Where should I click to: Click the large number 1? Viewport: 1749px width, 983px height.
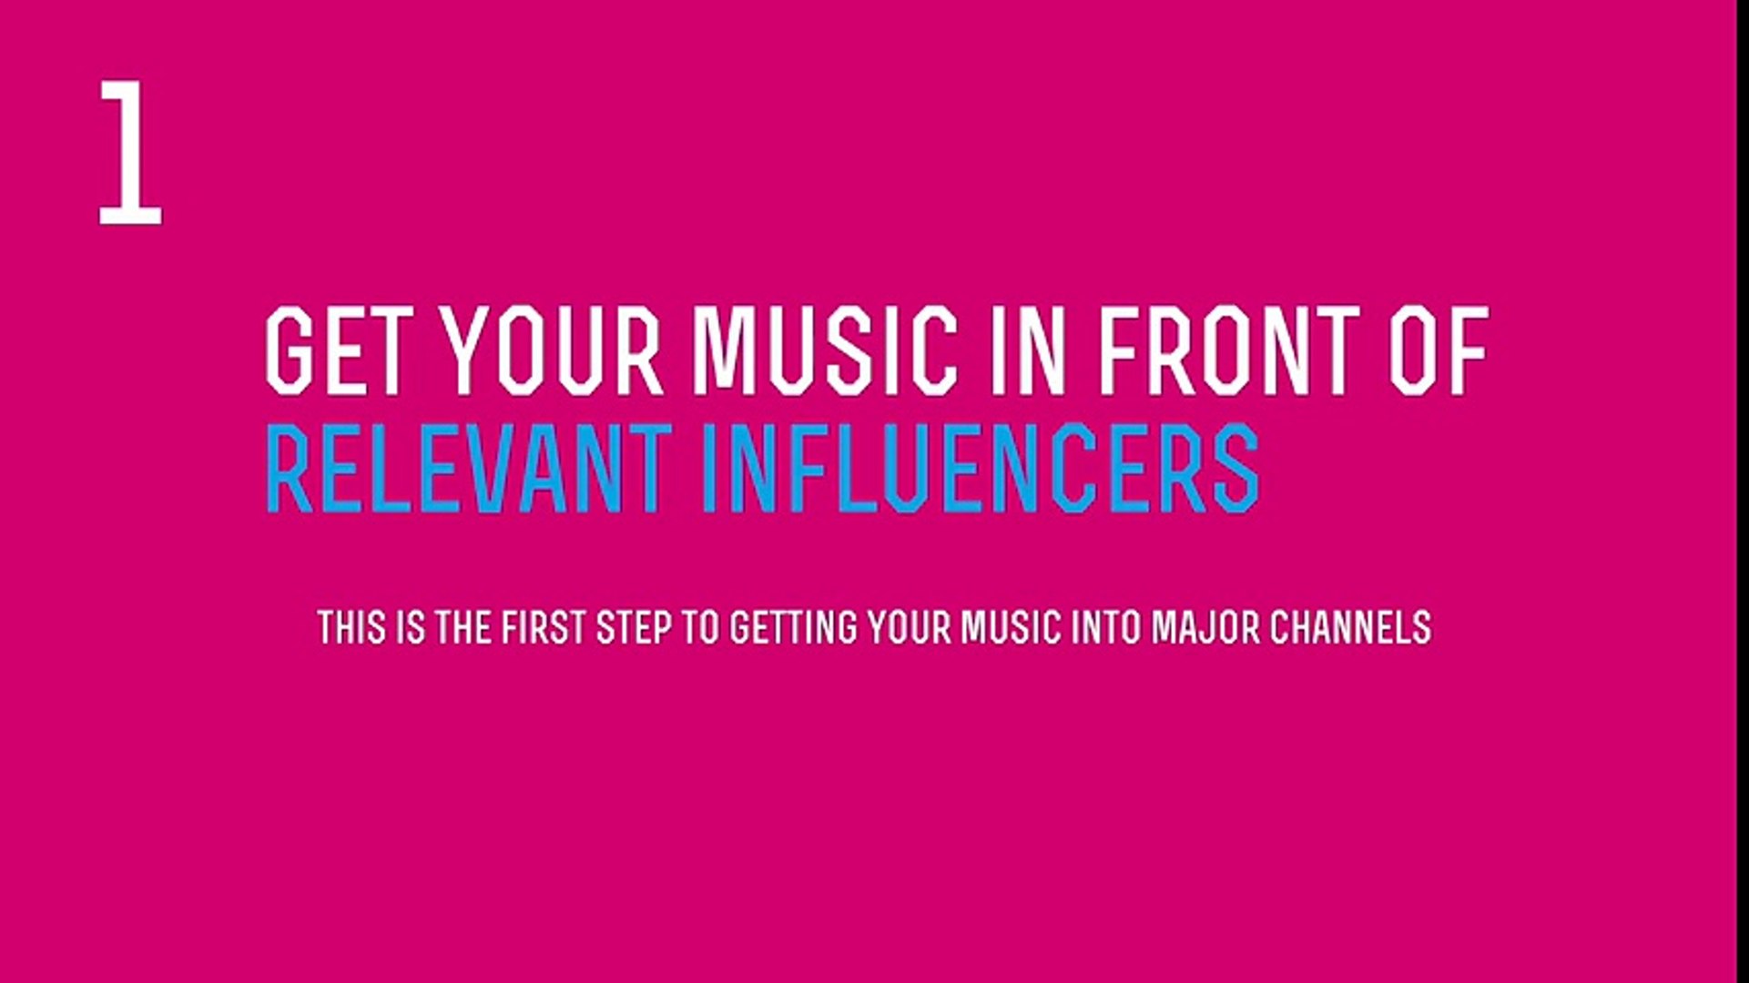pos(130,152)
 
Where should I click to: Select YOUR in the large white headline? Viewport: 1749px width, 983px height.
pos(552,350)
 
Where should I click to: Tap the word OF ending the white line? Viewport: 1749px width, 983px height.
pos(1438,350)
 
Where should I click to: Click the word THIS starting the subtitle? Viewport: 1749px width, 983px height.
pos(351,628)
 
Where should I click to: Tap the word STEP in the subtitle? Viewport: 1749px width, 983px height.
pos(634,628)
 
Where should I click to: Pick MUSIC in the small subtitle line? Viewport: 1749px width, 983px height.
pos(1012,628)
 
